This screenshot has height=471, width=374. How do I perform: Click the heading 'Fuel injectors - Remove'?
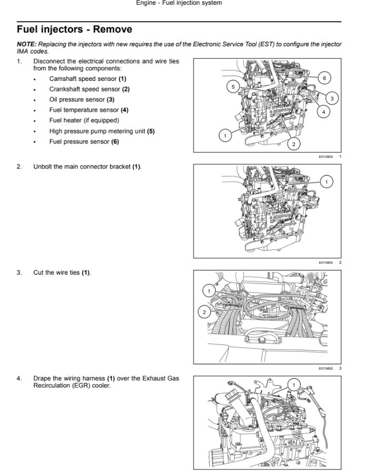[x=74, y=29]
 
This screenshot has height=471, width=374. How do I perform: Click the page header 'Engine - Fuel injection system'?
[x=179, y=3]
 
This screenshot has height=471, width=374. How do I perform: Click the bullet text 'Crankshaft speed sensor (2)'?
[x=89, y=89]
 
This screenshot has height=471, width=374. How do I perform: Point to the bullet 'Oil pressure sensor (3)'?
[x=82, y=100]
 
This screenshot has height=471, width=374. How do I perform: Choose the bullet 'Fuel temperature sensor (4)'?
[x=88, y=110]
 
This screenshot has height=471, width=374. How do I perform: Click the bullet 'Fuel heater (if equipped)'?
[x=84, y=121]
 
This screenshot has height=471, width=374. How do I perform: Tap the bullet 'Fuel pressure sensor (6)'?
[x=84, y=142]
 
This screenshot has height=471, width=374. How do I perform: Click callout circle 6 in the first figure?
[x=325, y=78]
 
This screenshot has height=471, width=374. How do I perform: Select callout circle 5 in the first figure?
[x=234, y=86]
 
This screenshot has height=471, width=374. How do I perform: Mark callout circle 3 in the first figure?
[x=332, y=98]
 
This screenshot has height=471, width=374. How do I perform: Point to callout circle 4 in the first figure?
[x=324, y=112]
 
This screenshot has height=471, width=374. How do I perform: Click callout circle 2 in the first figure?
[x=294, y=143]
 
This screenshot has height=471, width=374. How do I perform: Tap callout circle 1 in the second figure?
[x=326, y=182]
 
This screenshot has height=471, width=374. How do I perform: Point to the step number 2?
[x=19, y=167]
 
